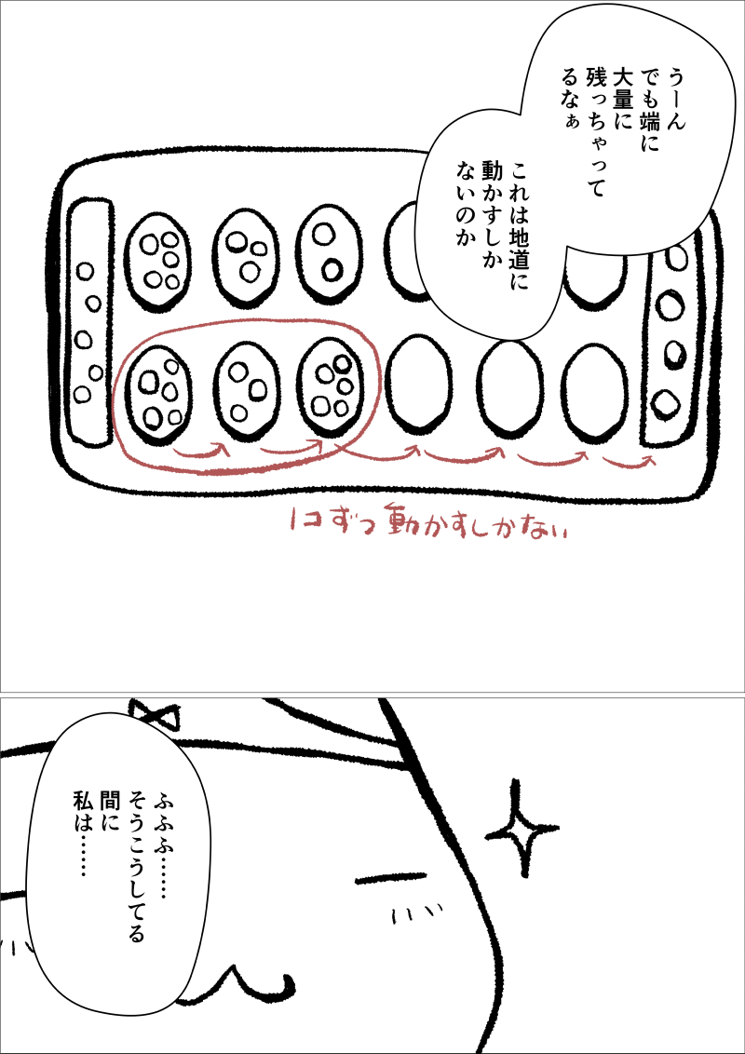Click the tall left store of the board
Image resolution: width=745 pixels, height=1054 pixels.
pos(90,322)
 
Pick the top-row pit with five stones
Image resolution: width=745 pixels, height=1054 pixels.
pos(158,258)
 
